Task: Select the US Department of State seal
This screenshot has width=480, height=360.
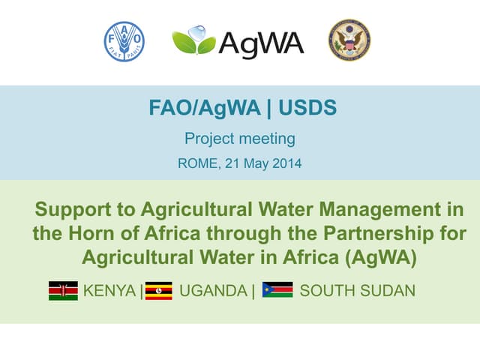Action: (x=349, y=40)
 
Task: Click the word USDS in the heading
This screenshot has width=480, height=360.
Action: (x=307, y=109)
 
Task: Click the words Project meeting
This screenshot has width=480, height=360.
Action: (x=240, y=139)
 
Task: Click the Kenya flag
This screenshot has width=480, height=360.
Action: (x=63, y=291)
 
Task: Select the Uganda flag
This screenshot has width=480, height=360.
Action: (x=158, y=291)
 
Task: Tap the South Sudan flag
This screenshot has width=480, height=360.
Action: (x=277, y=291)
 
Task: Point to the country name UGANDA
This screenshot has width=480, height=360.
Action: (x=214, y=291)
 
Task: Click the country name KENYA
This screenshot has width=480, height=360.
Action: (x=110, y=291)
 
